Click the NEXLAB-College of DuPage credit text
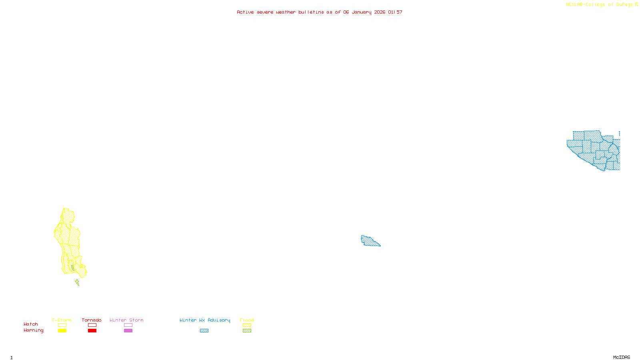click(x=599, y=5)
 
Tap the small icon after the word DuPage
click(x=636, y=4)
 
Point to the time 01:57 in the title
click(x=395, y=12)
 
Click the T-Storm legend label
click(x=62, y=320)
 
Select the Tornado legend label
click(x=92, y=320)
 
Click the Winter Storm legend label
click(x=126, y=320)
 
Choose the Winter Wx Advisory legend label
click(x=205, y=320)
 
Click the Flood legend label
click(x=247, y=320)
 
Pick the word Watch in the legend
click(x=31, y=324)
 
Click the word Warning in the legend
click(x=34, y=330)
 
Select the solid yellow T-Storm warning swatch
click(x=62, y=331)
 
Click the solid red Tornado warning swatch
click(x=92, y=331)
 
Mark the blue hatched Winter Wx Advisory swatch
click(x=204, y=331)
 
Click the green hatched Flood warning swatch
click(x=247, y=331)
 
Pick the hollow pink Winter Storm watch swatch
click(x=128, y=325)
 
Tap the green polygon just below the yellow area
click(x=77, y=283)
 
